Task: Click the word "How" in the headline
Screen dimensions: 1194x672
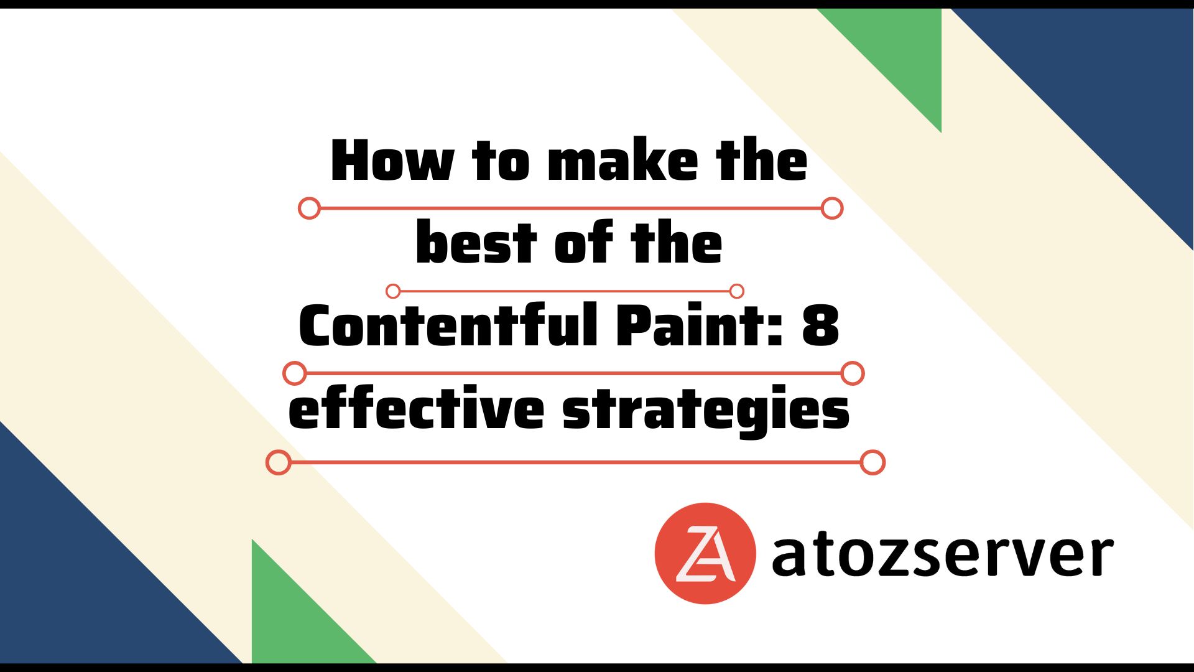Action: click(392, 161)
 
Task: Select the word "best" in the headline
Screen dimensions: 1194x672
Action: click(476, 242)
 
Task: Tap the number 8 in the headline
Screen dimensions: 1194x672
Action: click(821, 325)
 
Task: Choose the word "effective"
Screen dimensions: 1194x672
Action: click(416, 408)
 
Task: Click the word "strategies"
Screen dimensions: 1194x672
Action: click(706, 410)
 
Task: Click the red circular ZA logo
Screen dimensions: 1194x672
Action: click(705, 553)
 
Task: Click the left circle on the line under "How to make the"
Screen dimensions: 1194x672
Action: click(309, 208)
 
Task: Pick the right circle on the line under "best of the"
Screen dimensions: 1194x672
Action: click(737, 291)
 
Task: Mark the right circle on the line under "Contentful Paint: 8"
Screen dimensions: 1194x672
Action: click(853, 373)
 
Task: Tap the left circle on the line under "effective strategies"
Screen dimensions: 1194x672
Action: click(278, 462)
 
